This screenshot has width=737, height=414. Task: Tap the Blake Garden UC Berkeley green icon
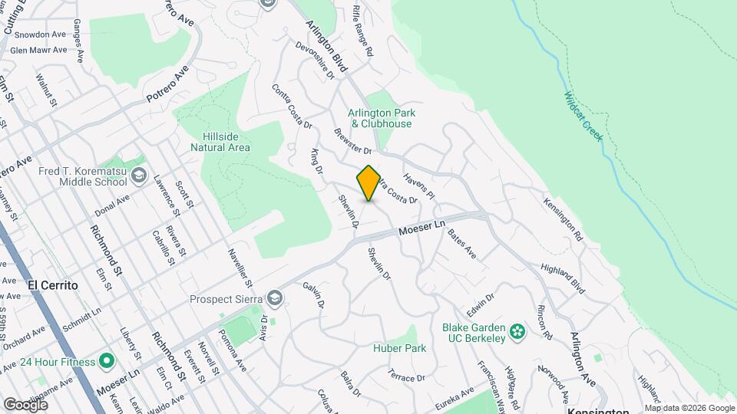[x=518, y=332]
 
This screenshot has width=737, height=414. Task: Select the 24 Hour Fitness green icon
[x=106, y=360]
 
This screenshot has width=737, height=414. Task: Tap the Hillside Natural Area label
[x=220, y=141]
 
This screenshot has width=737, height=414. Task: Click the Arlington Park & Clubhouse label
[x=382, y=118]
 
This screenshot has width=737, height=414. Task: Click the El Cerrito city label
[x=53, y=284]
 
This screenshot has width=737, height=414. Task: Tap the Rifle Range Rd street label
[x=362, y=31]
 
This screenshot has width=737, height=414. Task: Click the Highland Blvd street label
[x=563, y=278]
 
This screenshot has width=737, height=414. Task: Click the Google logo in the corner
[x=25, y=404]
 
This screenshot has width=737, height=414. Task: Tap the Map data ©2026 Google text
[x=689, y=408]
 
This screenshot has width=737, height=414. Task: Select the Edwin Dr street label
[x=481, y=304]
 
